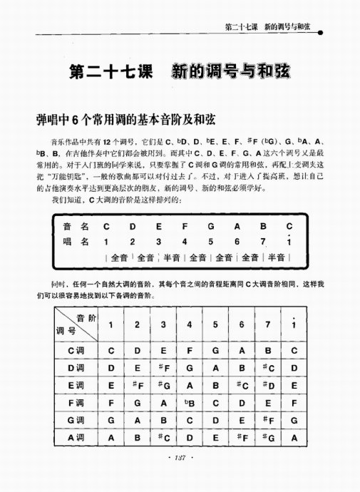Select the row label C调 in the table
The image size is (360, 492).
pyautogui.click(x=76, y=351)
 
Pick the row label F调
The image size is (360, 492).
pyautogui.click(x=76, y=406)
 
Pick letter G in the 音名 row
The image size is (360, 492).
pyautogui.click(x=211, y=227)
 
